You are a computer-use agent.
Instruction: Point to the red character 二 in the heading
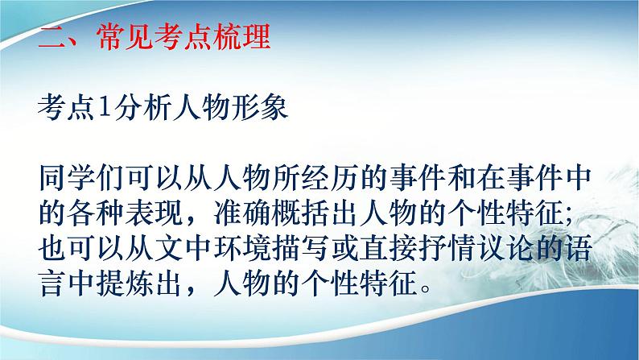(x=52, y=38)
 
